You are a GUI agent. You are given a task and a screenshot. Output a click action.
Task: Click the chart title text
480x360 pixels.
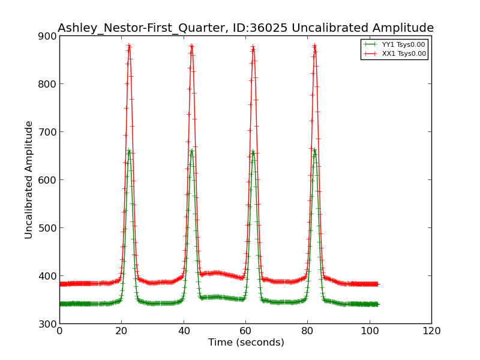click(x=245, y=28)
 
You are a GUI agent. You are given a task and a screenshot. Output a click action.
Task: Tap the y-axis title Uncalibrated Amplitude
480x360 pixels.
click(x=29, y=179)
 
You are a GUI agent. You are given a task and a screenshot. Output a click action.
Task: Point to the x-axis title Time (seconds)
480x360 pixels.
click(x=246, y=343)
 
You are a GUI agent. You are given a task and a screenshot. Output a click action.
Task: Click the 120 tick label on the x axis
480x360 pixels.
click(x=431, y=331)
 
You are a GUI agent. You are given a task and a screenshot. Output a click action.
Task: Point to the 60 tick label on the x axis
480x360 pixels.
click(x=245, y=331)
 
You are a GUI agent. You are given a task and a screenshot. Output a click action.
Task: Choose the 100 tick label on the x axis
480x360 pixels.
click(x=370, y=331)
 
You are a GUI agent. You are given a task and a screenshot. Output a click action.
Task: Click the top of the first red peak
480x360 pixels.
click(x=129, y=45)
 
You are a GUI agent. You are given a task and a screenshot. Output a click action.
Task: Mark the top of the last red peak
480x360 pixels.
click(x=314, y=45)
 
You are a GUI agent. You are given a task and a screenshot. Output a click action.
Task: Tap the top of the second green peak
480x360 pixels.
click(x=191, y=150)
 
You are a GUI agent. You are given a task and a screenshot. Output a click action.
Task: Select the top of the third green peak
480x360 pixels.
click(x=253, y=151)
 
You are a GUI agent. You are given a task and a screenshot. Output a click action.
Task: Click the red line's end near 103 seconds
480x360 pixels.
click(x=378, y=284)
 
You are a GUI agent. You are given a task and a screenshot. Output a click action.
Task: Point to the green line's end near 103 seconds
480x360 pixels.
click(x=378, y=304)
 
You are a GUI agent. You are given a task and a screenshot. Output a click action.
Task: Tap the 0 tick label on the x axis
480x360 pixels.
click(x=59, y=331)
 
